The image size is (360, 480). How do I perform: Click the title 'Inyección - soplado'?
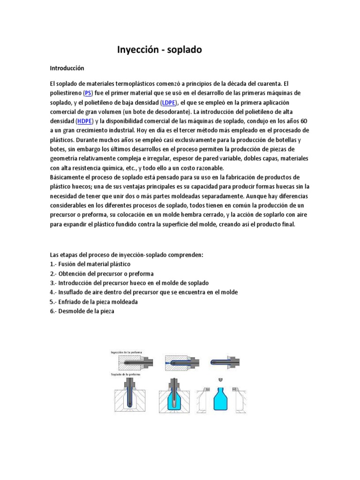(x=159, y=49)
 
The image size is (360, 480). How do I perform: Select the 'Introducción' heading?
(x=67, y=68)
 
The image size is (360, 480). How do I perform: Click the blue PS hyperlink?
(x=88, y=93)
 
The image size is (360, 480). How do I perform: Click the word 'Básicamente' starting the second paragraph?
(x=68, y=177)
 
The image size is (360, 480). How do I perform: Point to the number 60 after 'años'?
(x=304, y=120)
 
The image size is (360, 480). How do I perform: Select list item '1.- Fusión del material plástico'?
(x=90, y=264)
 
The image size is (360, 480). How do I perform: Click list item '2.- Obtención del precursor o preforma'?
(x=102, y=273)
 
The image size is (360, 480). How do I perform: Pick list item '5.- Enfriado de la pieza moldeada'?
(x=94, y=301)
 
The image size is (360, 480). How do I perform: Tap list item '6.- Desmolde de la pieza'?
(x=82, y=311)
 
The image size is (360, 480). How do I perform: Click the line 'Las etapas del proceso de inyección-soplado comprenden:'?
(x=127, y=255)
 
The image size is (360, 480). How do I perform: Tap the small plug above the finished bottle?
(x=219, y=379)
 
